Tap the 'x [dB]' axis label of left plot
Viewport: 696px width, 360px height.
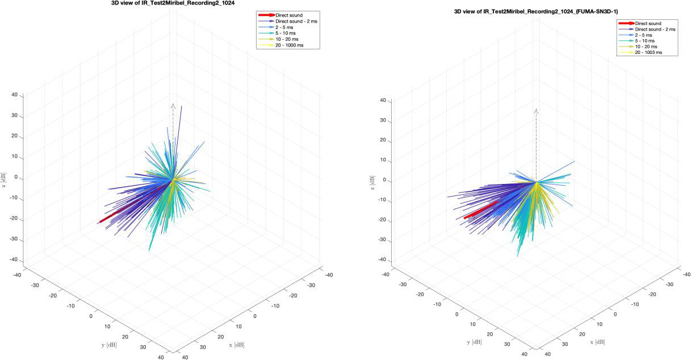[x=237, y=345]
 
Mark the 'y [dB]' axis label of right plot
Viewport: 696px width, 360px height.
[x=473, y=342]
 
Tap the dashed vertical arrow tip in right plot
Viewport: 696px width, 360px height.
[x=535, y=110]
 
